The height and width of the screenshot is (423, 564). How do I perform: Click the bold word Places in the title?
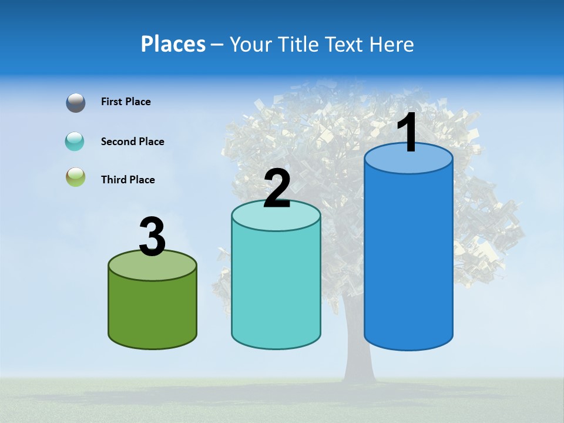(x=173, y=44)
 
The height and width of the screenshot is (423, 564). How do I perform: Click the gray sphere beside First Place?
(x=76, y=103)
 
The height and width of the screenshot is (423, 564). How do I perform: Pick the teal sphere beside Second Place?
(x=75, y=142)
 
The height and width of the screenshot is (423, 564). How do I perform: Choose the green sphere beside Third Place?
(x=76, y=177)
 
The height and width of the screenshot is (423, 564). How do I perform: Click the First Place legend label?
(x=126, y=102)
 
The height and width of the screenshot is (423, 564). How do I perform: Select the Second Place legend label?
(x=132, y=142)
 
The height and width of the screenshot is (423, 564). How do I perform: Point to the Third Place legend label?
(x=127, y=180)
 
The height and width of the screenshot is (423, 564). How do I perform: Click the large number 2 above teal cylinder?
(x=277, y=189)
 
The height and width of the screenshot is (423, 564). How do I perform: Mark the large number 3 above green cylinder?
(x=152, y=237)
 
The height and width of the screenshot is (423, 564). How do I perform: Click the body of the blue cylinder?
(x=408, y=258)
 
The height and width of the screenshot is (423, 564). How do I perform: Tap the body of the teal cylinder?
(x=276, y=288)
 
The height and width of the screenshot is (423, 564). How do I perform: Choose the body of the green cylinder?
(x=153, y=311)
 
